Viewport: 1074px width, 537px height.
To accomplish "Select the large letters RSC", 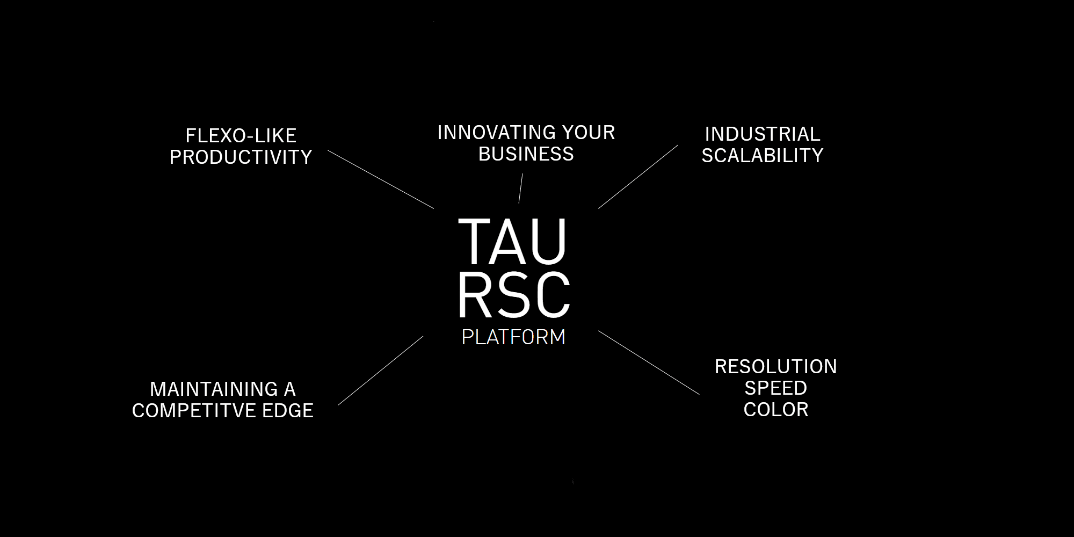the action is [x=514, y=295].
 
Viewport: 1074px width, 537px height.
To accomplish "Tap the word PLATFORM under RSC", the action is [x=513, y=337].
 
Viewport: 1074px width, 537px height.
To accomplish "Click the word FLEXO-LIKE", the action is [x=241, y=135].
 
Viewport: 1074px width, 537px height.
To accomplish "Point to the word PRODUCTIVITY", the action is [x=241, y=157].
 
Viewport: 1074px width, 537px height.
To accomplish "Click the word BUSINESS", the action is [x=526, y=154].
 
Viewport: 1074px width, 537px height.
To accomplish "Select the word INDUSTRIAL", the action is [x=763, y=134].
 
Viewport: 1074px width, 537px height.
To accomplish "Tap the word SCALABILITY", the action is [x=763, y=155].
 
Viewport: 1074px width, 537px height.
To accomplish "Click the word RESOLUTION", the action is [x=776, y=366].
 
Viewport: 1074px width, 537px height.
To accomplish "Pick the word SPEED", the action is [x=776, y=388].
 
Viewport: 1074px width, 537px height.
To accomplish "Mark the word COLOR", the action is [x=776, y=409].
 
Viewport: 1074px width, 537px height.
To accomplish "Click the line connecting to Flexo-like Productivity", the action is [x=381, y=179].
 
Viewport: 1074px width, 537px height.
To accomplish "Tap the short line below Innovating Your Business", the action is [x=520, y=188].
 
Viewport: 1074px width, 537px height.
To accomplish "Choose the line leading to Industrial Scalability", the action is [x=638, y=177].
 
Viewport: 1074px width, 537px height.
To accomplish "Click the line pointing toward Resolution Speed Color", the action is [x=649, y=362].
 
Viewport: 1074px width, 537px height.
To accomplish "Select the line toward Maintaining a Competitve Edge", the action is [x=381, y=371].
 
